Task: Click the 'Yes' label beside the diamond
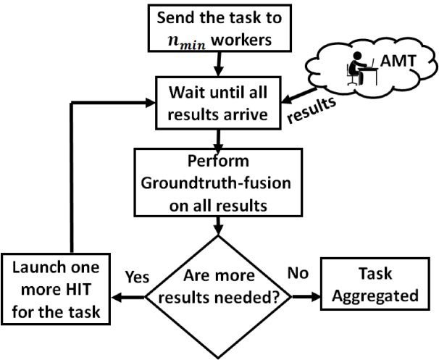point(137,277)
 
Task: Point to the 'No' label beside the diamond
point(298,273)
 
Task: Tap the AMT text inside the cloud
point(398,60)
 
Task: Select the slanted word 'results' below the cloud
point(312,109)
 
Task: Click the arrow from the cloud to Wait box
point(299,96)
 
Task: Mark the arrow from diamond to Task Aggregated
point(306,297)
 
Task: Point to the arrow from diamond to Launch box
point(128,297)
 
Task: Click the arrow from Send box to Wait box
point(219,64)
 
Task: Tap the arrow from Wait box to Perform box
point(218,139)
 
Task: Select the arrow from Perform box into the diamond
point(218,225)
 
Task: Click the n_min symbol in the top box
point(187,41)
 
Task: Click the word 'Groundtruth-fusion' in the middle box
point(216,183)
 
